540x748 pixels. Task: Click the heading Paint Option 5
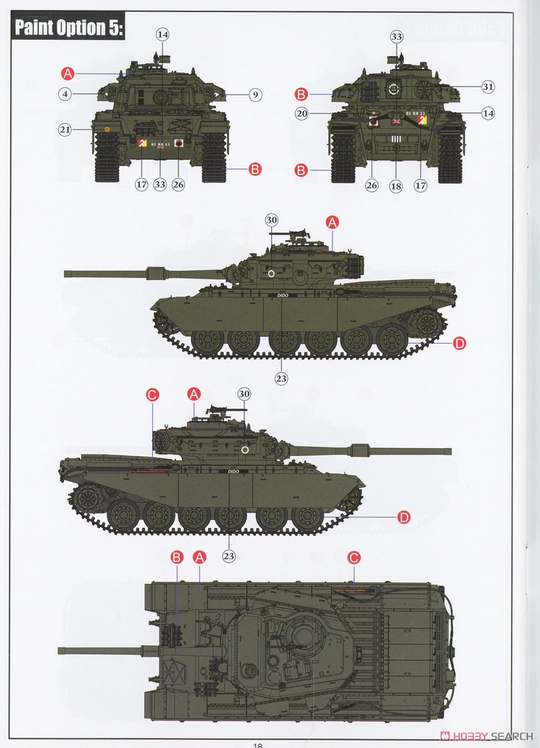69,28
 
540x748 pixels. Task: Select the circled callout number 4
65,94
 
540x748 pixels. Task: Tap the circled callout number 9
255,95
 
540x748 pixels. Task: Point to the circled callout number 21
65,130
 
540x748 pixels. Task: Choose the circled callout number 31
488,87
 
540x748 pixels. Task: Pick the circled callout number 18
396,185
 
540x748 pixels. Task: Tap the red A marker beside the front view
68,74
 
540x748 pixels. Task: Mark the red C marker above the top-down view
354,557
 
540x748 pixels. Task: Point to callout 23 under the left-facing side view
281,377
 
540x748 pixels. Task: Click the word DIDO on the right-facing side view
233,471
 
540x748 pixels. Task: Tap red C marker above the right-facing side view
152,394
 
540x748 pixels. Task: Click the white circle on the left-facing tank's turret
271,273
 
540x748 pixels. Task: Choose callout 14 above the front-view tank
163,35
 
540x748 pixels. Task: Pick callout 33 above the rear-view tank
397,37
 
